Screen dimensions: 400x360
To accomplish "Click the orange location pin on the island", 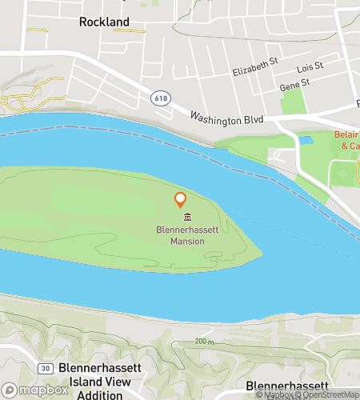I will coord(181,199).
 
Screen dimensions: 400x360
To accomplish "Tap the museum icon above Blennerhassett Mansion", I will coord(186,218).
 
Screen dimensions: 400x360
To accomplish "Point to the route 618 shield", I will coord(158,96).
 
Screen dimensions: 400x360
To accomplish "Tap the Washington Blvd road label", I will coord(226,117).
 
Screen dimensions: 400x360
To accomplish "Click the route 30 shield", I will coord(46,367).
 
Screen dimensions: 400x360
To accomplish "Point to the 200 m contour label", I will coord(205,342).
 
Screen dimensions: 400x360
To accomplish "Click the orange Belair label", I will coord(347,140).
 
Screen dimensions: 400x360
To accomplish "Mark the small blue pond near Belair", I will coord(305,140).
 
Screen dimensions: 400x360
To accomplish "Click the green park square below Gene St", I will coord(293,102).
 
